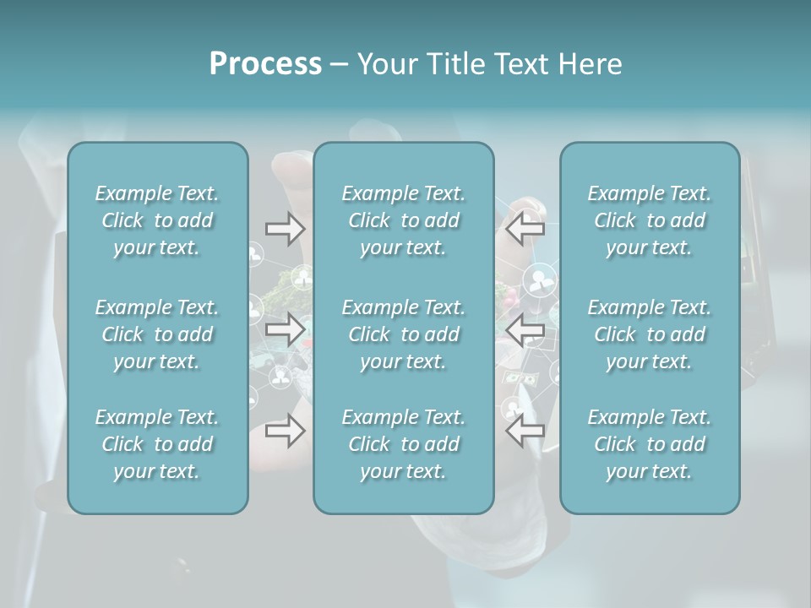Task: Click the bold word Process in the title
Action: tap(265, 64)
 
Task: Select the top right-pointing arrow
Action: tap(285, 229)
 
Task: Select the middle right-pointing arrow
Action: tap(285, 329)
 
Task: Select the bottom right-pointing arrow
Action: tap(285, 431)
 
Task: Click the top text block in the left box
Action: tap(157, 220)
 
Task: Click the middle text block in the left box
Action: tap(157, 334)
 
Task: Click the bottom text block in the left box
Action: tap(157, 444)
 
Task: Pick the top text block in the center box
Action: tap(404, 220)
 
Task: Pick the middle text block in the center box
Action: tap(404, 334)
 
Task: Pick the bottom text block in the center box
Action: tap(404, 444)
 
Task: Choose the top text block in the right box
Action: tap(650, 220)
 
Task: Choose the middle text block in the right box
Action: tap(650, 334)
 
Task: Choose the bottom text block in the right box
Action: tap(650, 444)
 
